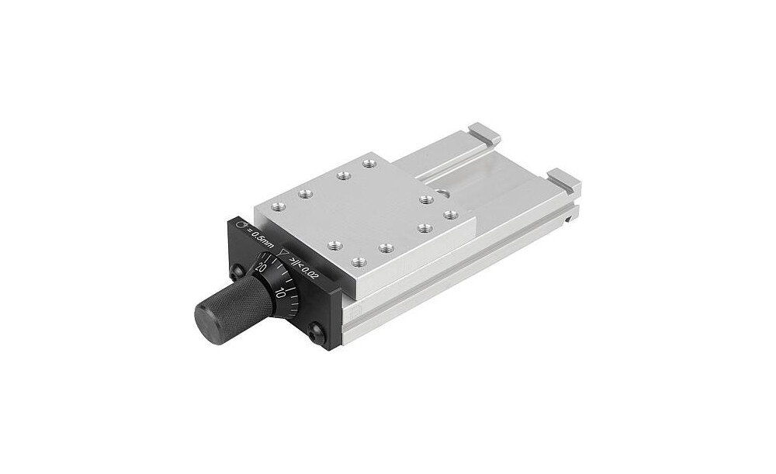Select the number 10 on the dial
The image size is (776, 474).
(x=281, y=292)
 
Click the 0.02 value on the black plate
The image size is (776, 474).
(x=309, y=272)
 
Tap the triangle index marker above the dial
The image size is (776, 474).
(x=283, y=253)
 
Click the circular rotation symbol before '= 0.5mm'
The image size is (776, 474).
(x=242, y=225)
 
